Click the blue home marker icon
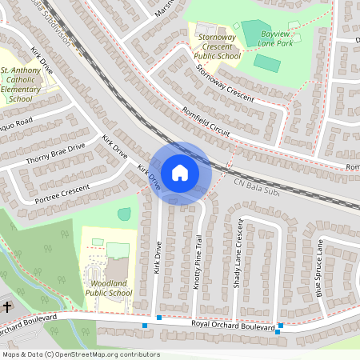(x=180, y=172)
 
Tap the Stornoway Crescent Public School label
(x=217, y=45)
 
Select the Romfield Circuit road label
(x=206, y=121)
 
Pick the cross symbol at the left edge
(x=7, y=306)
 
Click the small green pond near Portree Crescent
(x=124, y=214)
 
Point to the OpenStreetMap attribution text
(x=81, y=354)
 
